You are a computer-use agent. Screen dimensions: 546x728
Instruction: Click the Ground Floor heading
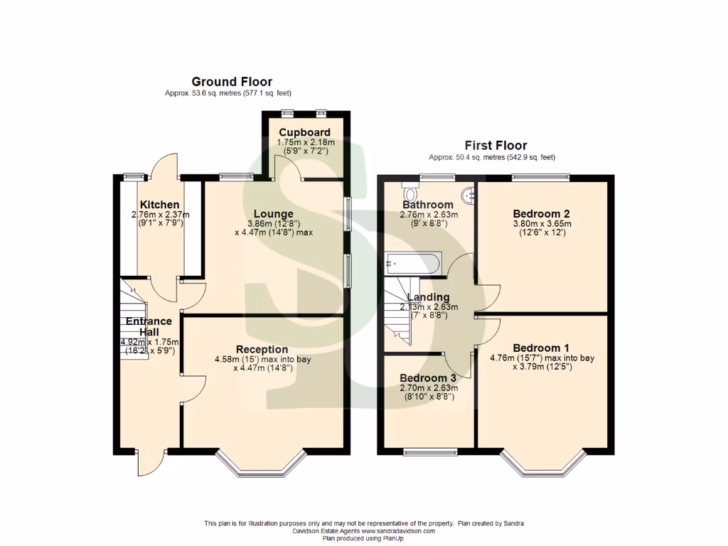point(232,82)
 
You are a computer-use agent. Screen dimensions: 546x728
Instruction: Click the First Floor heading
point(496,146)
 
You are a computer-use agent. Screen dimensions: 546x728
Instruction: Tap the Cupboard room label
point(304,132)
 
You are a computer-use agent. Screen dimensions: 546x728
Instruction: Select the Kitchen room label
point(159,205)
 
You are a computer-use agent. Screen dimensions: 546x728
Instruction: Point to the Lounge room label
point(274,213)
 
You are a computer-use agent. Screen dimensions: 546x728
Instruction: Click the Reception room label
point(262,349)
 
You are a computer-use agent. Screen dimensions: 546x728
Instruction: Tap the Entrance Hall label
point(149,326)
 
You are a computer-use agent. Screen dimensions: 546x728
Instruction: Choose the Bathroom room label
point(428,205)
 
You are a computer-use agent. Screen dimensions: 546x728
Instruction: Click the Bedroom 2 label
point(541,213)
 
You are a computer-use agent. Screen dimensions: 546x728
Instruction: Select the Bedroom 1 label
point(541,348)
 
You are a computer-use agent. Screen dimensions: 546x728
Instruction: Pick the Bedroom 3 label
point(428,378)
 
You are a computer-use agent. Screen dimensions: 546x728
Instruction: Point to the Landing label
point(428,297)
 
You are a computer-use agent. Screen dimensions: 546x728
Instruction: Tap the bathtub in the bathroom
point(413,263)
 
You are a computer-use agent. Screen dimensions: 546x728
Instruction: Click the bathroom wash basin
point(467,194)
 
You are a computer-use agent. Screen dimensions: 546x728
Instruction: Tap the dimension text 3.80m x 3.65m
point(541,223)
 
